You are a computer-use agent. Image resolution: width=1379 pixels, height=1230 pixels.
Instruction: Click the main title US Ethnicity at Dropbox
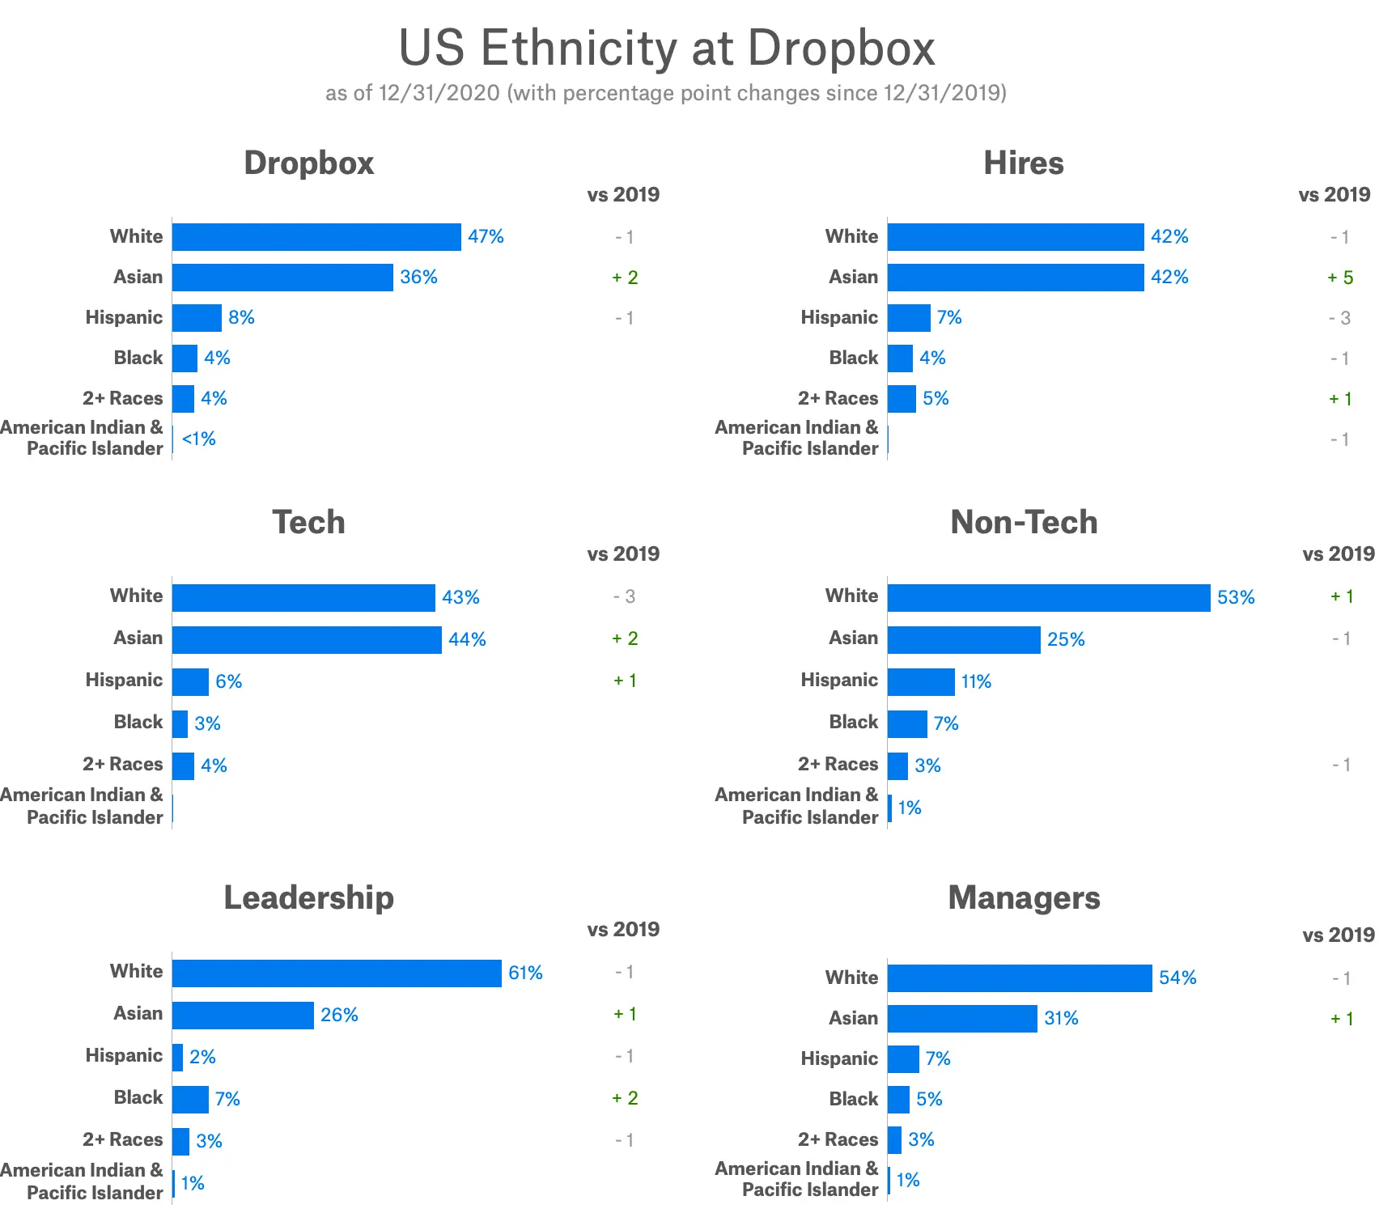667,48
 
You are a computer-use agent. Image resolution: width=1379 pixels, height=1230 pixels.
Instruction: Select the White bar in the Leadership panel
337,973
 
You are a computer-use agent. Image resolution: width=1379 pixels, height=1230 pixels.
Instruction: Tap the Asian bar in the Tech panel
307,639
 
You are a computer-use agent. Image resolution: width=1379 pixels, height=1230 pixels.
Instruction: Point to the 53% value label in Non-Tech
1236,598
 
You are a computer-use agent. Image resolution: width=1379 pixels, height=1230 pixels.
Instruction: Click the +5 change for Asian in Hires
1340,278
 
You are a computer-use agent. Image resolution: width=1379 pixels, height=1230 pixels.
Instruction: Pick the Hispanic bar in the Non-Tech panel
921,682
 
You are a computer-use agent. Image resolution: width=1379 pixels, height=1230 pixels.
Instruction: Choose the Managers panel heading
1024,898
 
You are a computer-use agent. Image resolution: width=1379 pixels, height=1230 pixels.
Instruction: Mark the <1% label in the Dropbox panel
199,439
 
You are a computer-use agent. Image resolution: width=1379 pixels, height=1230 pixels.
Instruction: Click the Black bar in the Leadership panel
190,1100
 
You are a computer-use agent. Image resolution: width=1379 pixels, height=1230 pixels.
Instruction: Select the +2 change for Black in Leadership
625,1098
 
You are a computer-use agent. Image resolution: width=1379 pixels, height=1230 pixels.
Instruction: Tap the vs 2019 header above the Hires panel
1334,195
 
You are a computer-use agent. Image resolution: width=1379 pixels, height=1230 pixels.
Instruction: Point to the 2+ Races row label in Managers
838,1139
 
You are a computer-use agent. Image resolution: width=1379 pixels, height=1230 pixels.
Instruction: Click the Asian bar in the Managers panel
962,1019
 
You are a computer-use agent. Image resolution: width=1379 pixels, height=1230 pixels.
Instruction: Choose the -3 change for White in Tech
624,597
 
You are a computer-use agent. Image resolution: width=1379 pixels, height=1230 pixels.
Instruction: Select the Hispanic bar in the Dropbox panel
197,318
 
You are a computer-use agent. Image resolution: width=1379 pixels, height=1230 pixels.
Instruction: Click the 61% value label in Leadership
525,973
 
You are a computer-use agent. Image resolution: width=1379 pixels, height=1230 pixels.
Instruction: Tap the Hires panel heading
1024,163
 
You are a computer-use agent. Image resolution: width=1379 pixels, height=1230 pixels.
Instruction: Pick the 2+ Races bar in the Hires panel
902,399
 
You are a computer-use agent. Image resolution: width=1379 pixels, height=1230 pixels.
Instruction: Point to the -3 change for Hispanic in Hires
1339,318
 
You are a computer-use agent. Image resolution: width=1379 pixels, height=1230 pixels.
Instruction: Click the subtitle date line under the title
665,93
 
